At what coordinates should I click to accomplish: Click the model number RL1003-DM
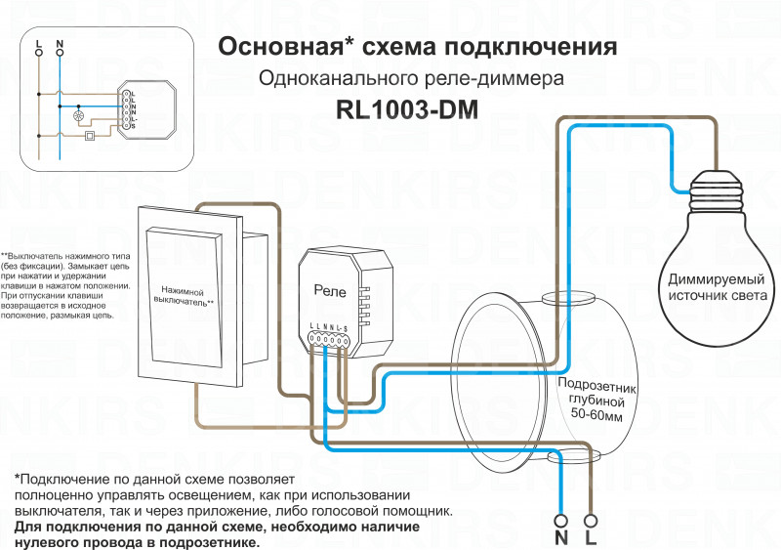(406, 110)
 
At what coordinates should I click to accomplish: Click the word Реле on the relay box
(329, 289)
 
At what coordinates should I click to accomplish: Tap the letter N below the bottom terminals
(561, 538)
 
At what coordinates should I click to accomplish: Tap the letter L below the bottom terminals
(592, 538)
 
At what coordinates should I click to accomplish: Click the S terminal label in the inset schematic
(133, 128)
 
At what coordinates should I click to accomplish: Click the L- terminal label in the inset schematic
(133, 120)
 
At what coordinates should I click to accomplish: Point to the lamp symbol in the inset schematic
(81, 114)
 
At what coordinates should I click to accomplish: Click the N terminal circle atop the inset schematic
(59, 53)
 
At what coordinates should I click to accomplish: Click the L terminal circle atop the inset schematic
(39, 53)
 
